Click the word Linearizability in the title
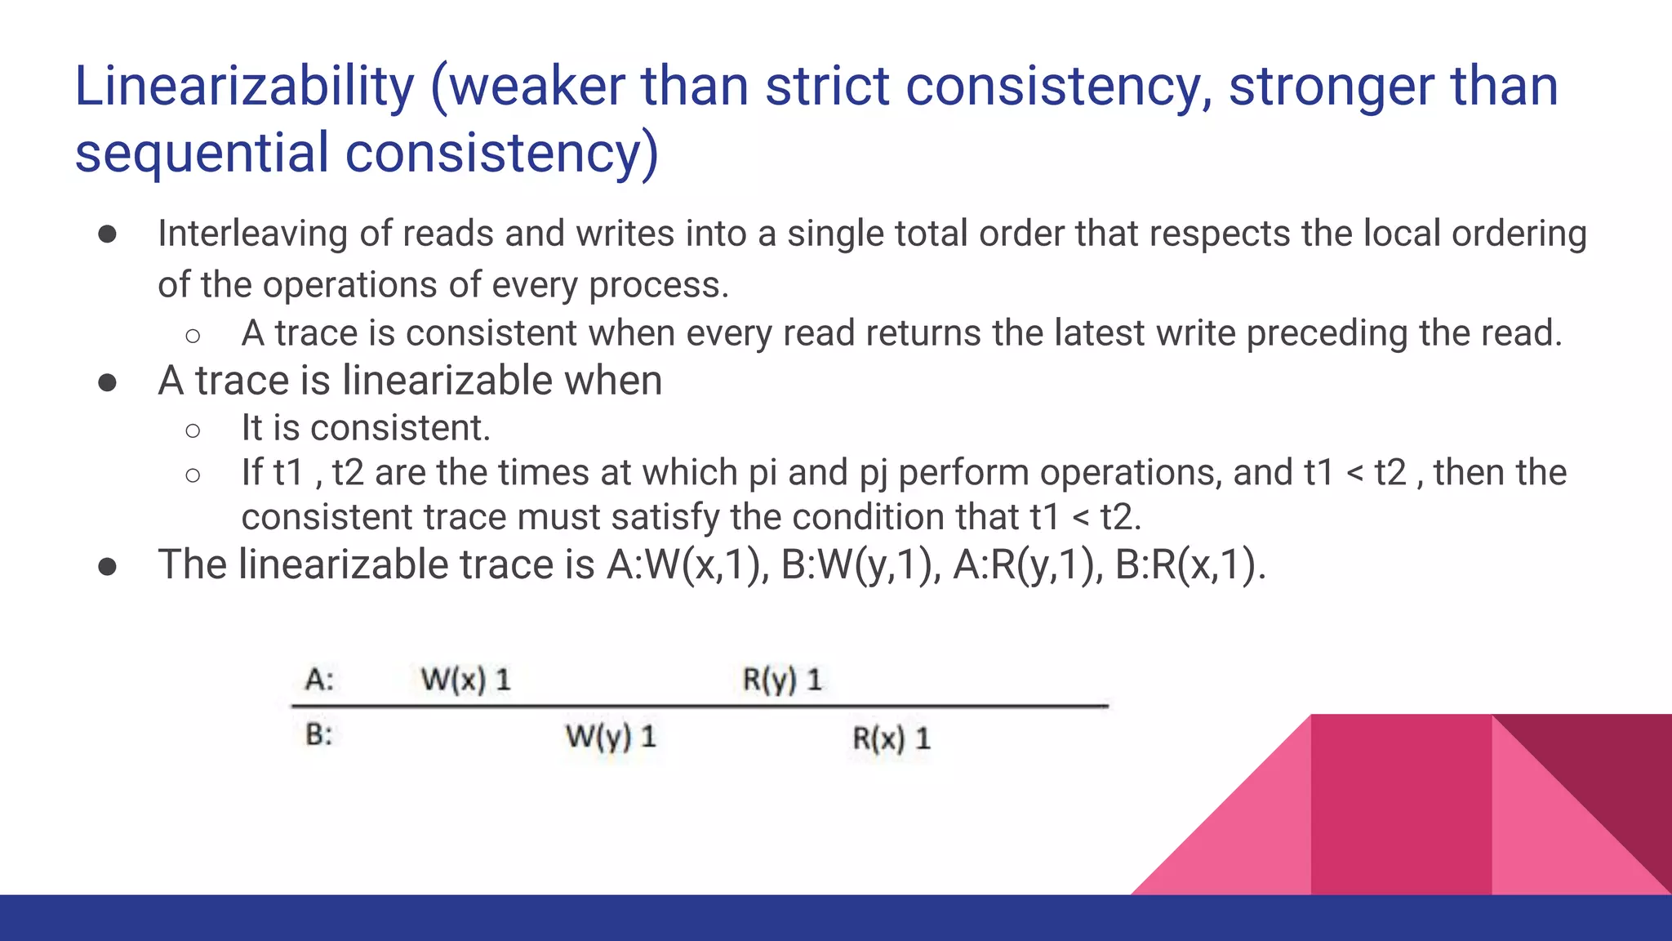[x=244, y=87]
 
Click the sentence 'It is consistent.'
[x=366, y=428]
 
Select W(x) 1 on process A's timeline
[x=465, y=680]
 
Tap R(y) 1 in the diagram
[x=781, y=680]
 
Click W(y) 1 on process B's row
[x=611, y=737]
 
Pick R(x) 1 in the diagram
[x=891, y=738]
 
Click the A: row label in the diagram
[x=319, y=680]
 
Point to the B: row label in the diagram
[x=318, y=735]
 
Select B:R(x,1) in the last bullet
[x=1189, y=565]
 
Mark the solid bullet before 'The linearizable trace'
[x=107, y=566]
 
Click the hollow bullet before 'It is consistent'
[x=193, y=430]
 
